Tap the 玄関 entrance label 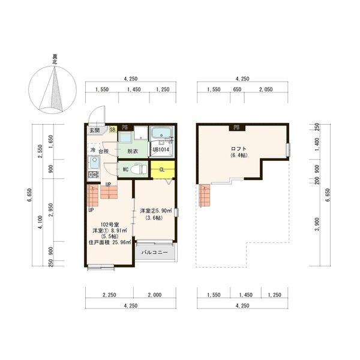click(95, 130)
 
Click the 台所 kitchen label click(104, 151)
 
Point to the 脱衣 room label click(132, 151)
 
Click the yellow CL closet click(162, 169)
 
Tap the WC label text click(126, 170)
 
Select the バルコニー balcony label click(155, 253)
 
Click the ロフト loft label click(239, 148)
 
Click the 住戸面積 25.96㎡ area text click(110, 242)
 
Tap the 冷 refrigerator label click(93, 150)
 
